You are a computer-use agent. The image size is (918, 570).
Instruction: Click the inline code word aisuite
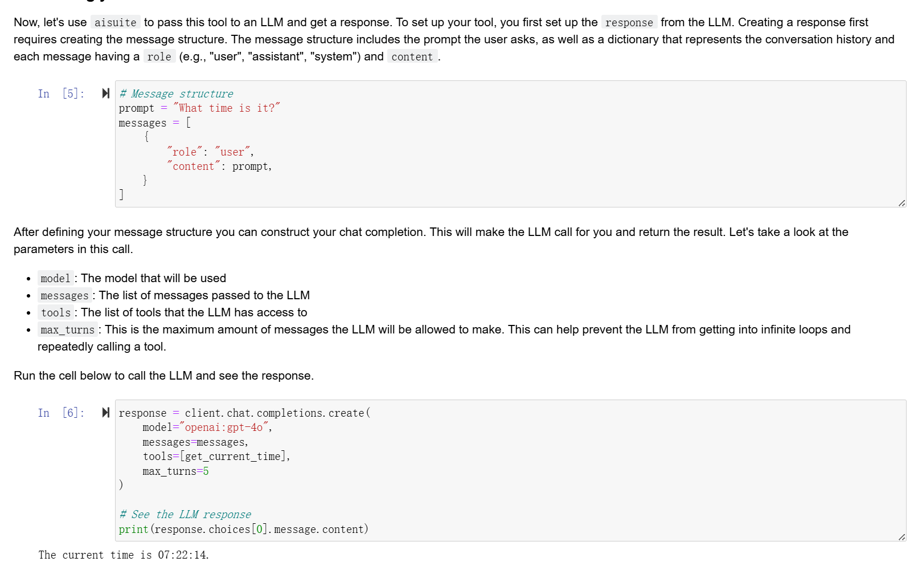tap(115, 23)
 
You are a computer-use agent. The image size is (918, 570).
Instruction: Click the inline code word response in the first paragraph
tap(629, 23)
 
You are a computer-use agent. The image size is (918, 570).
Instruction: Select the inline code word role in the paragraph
tap(159, 57)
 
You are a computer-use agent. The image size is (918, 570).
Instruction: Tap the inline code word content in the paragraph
tap(412, 57)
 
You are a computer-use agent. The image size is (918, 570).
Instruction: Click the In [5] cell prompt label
tap(61, 94)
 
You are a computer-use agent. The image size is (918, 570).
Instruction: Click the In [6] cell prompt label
tap(61, 413)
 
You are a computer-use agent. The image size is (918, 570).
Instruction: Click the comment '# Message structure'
tap(176, 94)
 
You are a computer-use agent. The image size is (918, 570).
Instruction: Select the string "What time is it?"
tap(227, 108)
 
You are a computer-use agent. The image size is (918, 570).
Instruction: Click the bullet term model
tap(55, 279)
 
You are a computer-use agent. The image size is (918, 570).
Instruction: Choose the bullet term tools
tap(56, 313)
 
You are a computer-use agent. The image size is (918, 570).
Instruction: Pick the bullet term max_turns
tap(67, 330)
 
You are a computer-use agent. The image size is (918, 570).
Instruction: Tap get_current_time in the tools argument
tap(233, 457)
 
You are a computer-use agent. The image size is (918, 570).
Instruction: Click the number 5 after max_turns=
tap(206, 471)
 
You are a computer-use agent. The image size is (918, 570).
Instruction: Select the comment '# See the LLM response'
tap(185, 515)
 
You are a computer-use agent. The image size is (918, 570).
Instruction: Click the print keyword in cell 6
tap(133, 530)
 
